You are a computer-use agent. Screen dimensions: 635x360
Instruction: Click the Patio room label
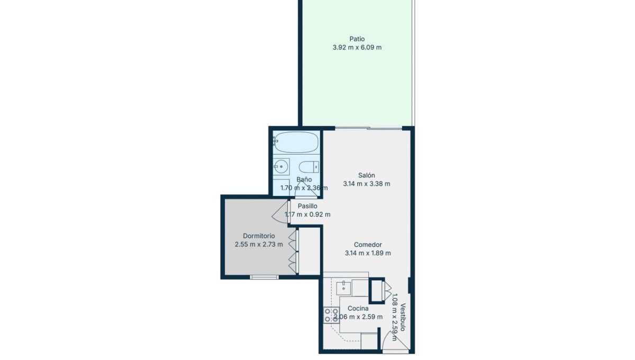pos(357,39)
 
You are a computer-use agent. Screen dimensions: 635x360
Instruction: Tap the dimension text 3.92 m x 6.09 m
pos(357,47)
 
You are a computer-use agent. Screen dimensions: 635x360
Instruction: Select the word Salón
pos(367,175)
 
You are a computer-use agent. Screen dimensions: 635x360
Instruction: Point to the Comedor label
pos(368,244)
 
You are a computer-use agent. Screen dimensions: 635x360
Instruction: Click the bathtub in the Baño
pos(296,142)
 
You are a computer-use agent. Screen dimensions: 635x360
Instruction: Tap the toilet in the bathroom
pos(309,167)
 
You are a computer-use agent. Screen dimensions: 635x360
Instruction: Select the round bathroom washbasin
pos(281,166)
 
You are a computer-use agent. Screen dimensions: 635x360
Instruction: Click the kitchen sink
pos(343,289)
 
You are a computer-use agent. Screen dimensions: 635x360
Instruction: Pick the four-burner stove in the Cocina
pos(331,315)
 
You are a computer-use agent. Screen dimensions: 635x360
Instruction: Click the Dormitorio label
pos(259,236)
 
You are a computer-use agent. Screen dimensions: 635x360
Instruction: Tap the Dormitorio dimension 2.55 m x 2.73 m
pos(259,244)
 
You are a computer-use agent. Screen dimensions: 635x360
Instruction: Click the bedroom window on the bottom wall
pos(264,277)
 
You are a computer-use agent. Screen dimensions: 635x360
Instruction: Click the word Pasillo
pos(307,206)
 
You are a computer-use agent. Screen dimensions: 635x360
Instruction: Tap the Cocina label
pos(358,308)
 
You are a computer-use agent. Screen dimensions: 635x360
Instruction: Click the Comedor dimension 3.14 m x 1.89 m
pos(368,253)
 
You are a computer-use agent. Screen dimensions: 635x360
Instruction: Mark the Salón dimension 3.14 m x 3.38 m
pos(367,184)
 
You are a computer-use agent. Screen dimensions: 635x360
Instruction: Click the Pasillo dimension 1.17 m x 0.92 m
pos(307,214)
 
